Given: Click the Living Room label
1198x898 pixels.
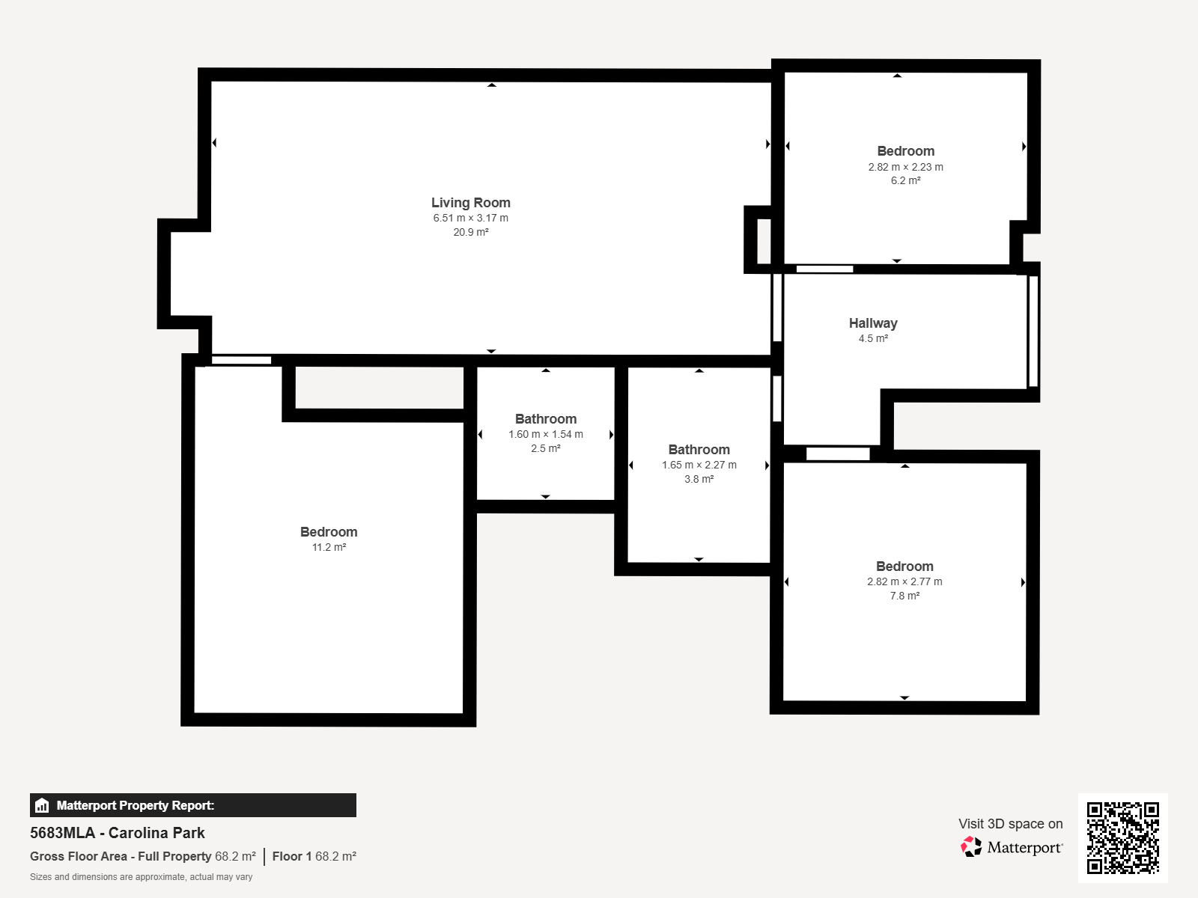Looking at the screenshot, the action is pyautogui.click(x=470, y=202).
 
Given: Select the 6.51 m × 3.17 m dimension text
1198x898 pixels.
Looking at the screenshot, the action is pyautogui.click(x=470, y=218).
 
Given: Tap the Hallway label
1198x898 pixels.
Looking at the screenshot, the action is pyautogui.click(x=873, y=323).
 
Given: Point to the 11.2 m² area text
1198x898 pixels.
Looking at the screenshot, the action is pyautogui.click(x=329, y=547).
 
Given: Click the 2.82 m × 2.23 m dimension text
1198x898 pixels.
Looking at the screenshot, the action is pyautogui.click(x=905, y=167).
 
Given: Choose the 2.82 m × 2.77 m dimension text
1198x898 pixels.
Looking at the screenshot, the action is pyautogui.click(x=904, y=581).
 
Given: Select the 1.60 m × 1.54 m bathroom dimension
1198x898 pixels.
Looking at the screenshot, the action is pyautogui.click(x=545, y=435).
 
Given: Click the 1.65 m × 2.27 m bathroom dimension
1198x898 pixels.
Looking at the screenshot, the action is pyautogui.click(x=699, y=465).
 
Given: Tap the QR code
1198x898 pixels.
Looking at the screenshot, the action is pyautogui.click(x=1122, y=837).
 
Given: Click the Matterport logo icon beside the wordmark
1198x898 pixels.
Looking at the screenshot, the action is pyautogui.click(x=971, y=847).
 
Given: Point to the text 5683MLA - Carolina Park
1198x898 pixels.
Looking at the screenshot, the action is pyautogui.click(x=118, y=833).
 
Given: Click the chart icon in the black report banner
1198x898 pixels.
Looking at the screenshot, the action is pyautogui.click(x=42, y=805).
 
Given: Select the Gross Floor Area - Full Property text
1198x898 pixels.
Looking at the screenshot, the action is pyautogui.click(x=120, y=856).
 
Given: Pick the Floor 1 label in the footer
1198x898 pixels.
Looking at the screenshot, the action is pyautogui.click(x=292, y=856).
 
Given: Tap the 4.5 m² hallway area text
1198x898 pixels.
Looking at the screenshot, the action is pyautogui.click(x=873, y=338).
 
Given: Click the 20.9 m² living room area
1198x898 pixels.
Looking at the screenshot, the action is pyautogui.click(x=470, y=232).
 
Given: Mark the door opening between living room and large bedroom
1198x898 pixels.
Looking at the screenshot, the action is pyautogui.click(x=241, y=360).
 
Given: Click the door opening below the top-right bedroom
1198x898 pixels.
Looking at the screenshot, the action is pyautogui.click(x=824, y=269).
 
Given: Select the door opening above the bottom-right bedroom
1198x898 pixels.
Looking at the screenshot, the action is pyautogui.click(x=838, y=453).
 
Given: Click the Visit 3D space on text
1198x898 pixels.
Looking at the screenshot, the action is pyautogui.click(x=1010, y=824).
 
